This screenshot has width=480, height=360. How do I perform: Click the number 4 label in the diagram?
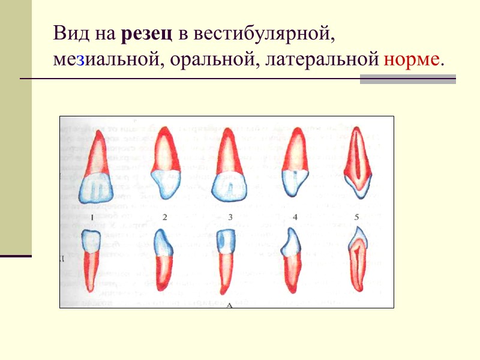(x=296, y=217)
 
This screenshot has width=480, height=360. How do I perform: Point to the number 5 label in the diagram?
(x=356, y=217)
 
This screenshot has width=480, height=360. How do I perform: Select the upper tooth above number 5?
(x=357, y=162)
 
